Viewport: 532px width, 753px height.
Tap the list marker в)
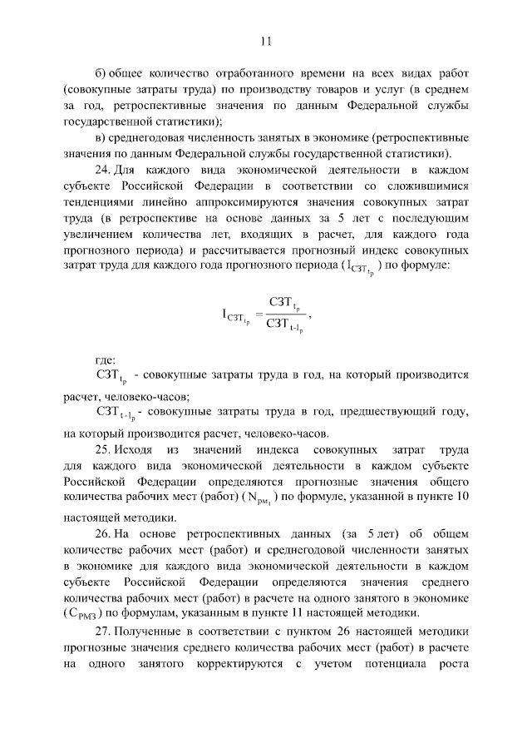101,136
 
